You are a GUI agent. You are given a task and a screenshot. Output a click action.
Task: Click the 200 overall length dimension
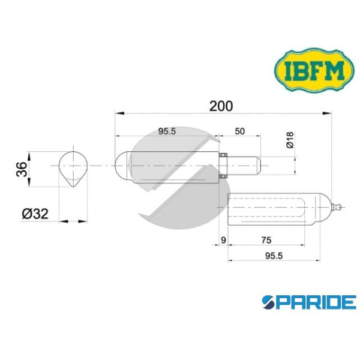tap(221, 106)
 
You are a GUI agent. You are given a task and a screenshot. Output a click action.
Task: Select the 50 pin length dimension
tap(239, 132)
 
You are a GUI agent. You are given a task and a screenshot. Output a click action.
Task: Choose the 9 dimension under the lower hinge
tap(223, 240)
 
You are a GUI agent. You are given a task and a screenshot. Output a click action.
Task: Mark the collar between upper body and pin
tap(222, 164)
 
